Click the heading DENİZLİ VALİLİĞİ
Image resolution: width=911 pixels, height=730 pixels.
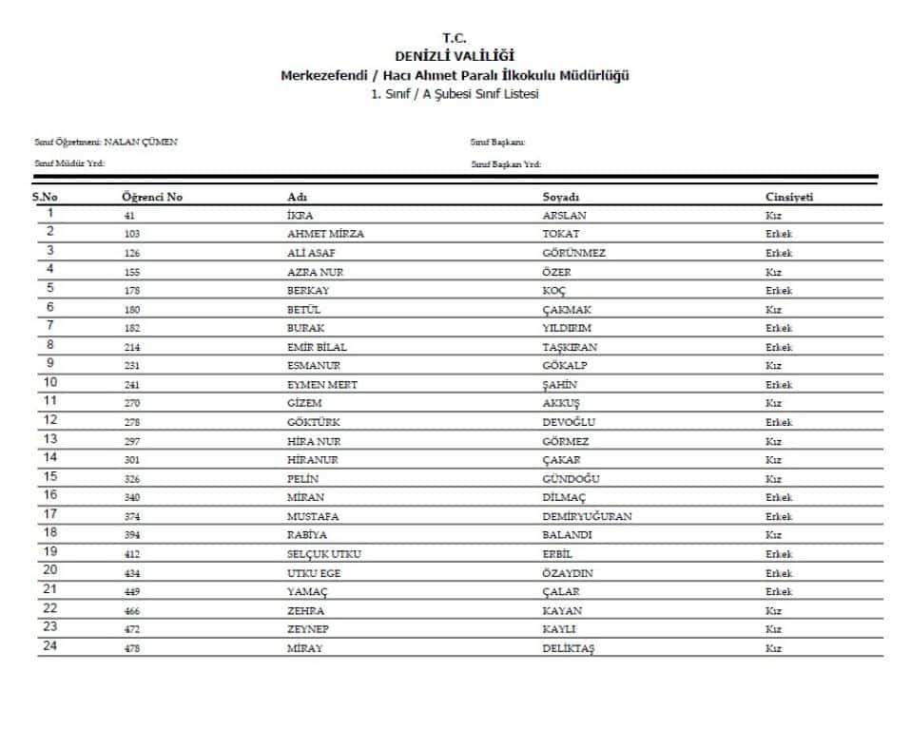pos(455,56)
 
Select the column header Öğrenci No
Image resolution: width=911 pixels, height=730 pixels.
pos(152,197)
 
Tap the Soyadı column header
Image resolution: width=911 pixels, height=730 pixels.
pos(561,197)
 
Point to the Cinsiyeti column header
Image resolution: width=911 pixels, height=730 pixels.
pos(789,197)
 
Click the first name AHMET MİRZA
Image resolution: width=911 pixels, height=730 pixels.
pos(325,234)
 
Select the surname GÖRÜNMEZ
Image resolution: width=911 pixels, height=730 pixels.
pos(573,253)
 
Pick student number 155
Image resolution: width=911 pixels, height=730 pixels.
pos(132,272)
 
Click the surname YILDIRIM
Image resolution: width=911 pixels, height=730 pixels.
pos(567,328)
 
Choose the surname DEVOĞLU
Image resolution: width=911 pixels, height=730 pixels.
pos(570,422)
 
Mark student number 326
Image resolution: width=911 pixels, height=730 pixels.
pos(132,479)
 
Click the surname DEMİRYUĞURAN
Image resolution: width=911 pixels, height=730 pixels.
pos(587,516)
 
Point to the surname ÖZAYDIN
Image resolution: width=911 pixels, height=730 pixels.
pos(567,573)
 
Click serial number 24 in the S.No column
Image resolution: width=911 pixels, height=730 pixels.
pos(50,647)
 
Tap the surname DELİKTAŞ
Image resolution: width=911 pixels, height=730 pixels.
pos(568,648)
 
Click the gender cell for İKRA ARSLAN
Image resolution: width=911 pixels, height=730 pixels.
pos(773,215)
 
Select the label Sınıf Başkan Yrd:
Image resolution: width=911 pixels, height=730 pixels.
pos(506,164)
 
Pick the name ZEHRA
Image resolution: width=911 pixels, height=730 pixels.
pos(305,610)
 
